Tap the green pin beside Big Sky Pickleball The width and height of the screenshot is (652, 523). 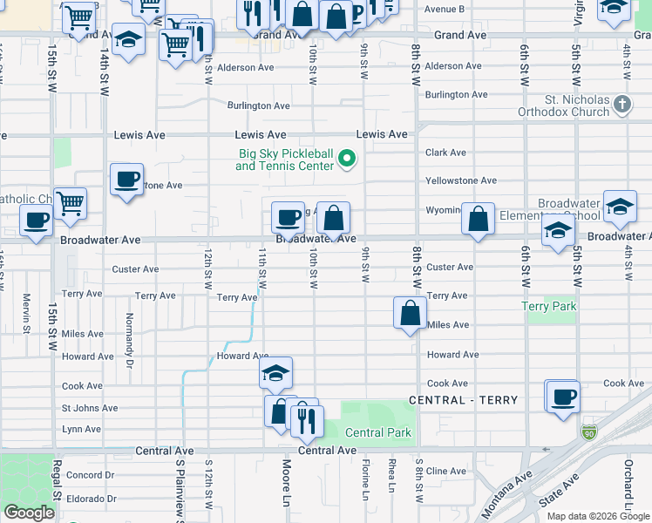(x=346, y=159)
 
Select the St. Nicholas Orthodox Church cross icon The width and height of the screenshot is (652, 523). (x=621, y=105)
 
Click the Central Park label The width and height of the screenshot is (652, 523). (x=378, y=432)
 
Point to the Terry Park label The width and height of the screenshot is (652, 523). (x=548, y=306)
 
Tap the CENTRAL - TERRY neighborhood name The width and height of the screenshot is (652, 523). (x=464, y=400)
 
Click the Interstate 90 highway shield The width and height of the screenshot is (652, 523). (x=589, y=431)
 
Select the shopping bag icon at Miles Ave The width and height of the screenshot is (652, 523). (x=410, y=312)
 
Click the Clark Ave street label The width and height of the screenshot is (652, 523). (x=445, y=153)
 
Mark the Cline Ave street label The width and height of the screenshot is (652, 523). (x=446, y=471)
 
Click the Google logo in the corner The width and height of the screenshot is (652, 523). (x=29, y=512)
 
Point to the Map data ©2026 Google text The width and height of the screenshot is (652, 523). (x=598, y=516)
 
